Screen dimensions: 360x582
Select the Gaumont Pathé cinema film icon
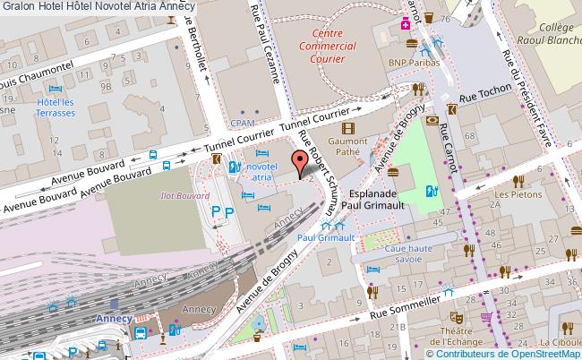[x=347, y=127]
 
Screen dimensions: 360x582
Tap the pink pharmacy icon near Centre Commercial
[x=406, y=22]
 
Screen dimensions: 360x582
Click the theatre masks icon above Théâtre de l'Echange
[x=455, y=316]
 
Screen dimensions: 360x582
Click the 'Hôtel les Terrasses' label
[x=55, y=109]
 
